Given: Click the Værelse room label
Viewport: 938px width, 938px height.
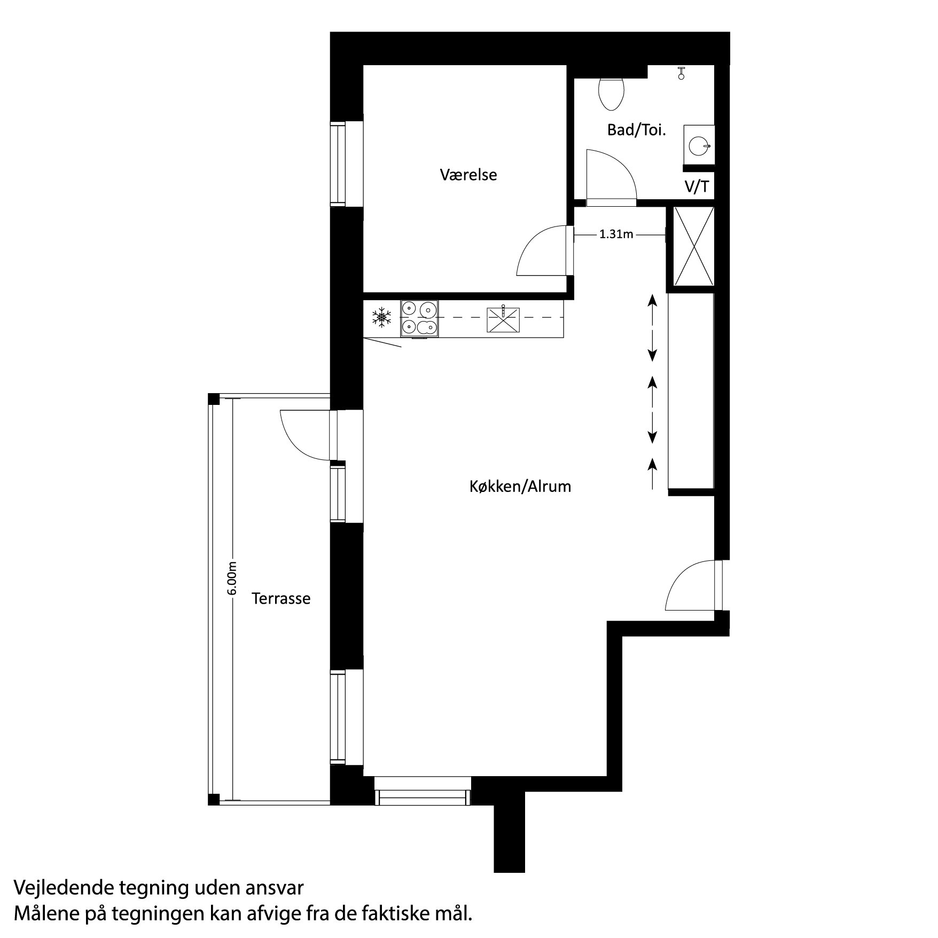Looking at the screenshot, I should (468, 175).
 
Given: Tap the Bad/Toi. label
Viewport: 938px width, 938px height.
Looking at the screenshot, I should (636, 130).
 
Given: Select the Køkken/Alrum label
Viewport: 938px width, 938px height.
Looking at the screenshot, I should (520, 486).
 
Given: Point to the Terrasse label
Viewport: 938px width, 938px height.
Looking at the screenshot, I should (281, 598).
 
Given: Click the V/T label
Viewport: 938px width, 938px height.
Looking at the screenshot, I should (697, 187).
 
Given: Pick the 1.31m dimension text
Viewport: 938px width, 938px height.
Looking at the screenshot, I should (616, 234).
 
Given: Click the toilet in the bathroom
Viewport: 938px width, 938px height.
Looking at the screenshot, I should (612, 93).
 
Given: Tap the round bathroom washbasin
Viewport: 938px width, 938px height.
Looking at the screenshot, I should (699, 145).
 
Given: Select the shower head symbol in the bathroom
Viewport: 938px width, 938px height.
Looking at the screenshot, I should (681, 73).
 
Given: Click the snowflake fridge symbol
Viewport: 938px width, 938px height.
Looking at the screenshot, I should (381, 317).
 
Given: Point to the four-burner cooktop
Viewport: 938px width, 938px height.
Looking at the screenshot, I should (419, 318).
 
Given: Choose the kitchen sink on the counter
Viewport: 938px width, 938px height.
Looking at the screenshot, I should (503, 319).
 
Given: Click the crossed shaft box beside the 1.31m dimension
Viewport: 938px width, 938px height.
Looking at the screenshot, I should (693, 246).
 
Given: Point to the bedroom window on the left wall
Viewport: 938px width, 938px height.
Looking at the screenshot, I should (338, 163).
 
